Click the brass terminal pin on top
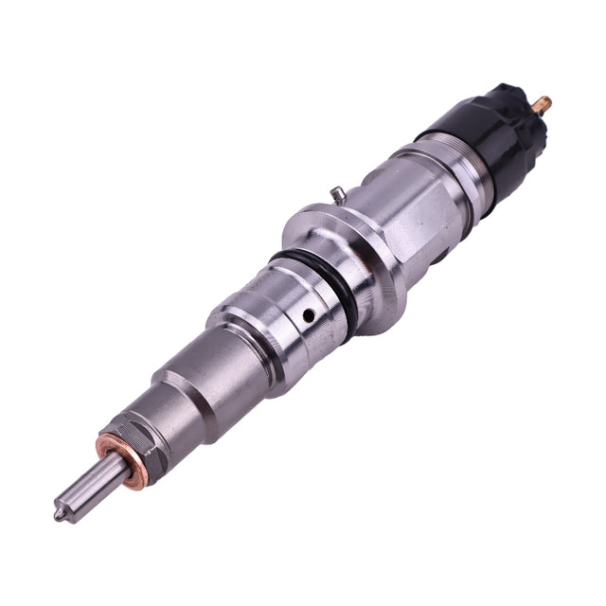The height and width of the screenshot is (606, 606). [x=543, y=101]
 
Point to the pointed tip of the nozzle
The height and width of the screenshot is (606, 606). [x=59, y=516]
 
